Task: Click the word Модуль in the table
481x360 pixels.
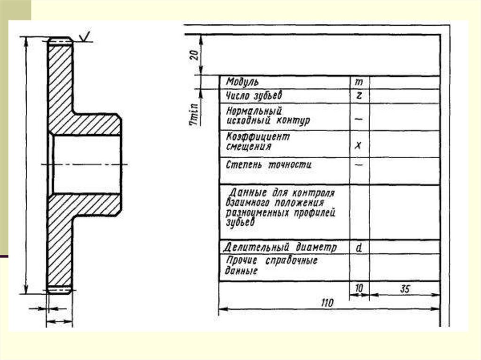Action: pos(242,82)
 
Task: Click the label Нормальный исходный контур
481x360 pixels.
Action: pos(268,116)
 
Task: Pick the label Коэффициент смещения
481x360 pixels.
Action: pos(258,141)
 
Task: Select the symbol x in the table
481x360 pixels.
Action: pos(358,146)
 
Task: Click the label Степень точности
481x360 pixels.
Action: pos(269,165)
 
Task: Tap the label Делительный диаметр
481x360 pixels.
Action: pos(280,247)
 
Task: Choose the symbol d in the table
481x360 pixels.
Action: pos(358,247)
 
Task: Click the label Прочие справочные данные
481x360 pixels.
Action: pos(272,266)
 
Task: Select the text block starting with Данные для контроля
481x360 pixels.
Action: pos(280,207)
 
